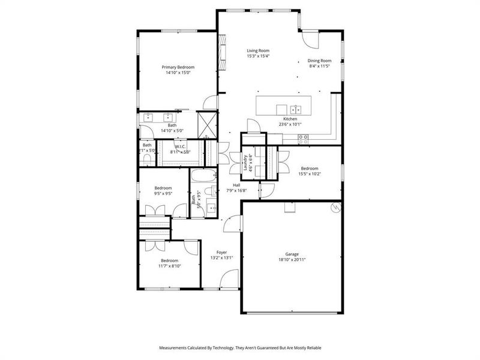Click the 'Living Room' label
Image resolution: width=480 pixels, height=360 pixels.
tap(258, 51)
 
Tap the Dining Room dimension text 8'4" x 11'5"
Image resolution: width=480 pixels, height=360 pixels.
tap(319, 67)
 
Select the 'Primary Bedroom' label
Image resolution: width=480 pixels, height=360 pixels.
tap(178, 67)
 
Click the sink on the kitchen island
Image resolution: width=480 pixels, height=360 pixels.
tap(295, 109)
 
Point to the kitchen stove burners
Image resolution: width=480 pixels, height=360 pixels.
tap(304, 137)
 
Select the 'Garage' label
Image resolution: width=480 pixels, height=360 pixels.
tap(292, 254)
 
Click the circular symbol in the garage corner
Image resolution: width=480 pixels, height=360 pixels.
tap(336, 208)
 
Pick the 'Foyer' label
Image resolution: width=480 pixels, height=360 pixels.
tap(221, 252)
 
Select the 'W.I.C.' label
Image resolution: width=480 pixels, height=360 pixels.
tap(181, 146)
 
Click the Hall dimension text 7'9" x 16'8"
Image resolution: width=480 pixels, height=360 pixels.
tap(237, 191)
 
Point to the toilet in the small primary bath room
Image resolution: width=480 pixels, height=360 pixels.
tap(147, 159)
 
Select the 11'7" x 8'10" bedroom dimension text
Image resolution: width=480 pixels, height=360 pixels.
tap(169, 266)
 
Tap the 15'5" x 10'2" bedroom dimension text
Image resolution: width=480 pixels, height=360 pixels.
tap(309, 175)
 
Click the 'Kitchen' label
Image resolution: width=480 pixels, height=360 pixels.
tap(290, 119)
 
